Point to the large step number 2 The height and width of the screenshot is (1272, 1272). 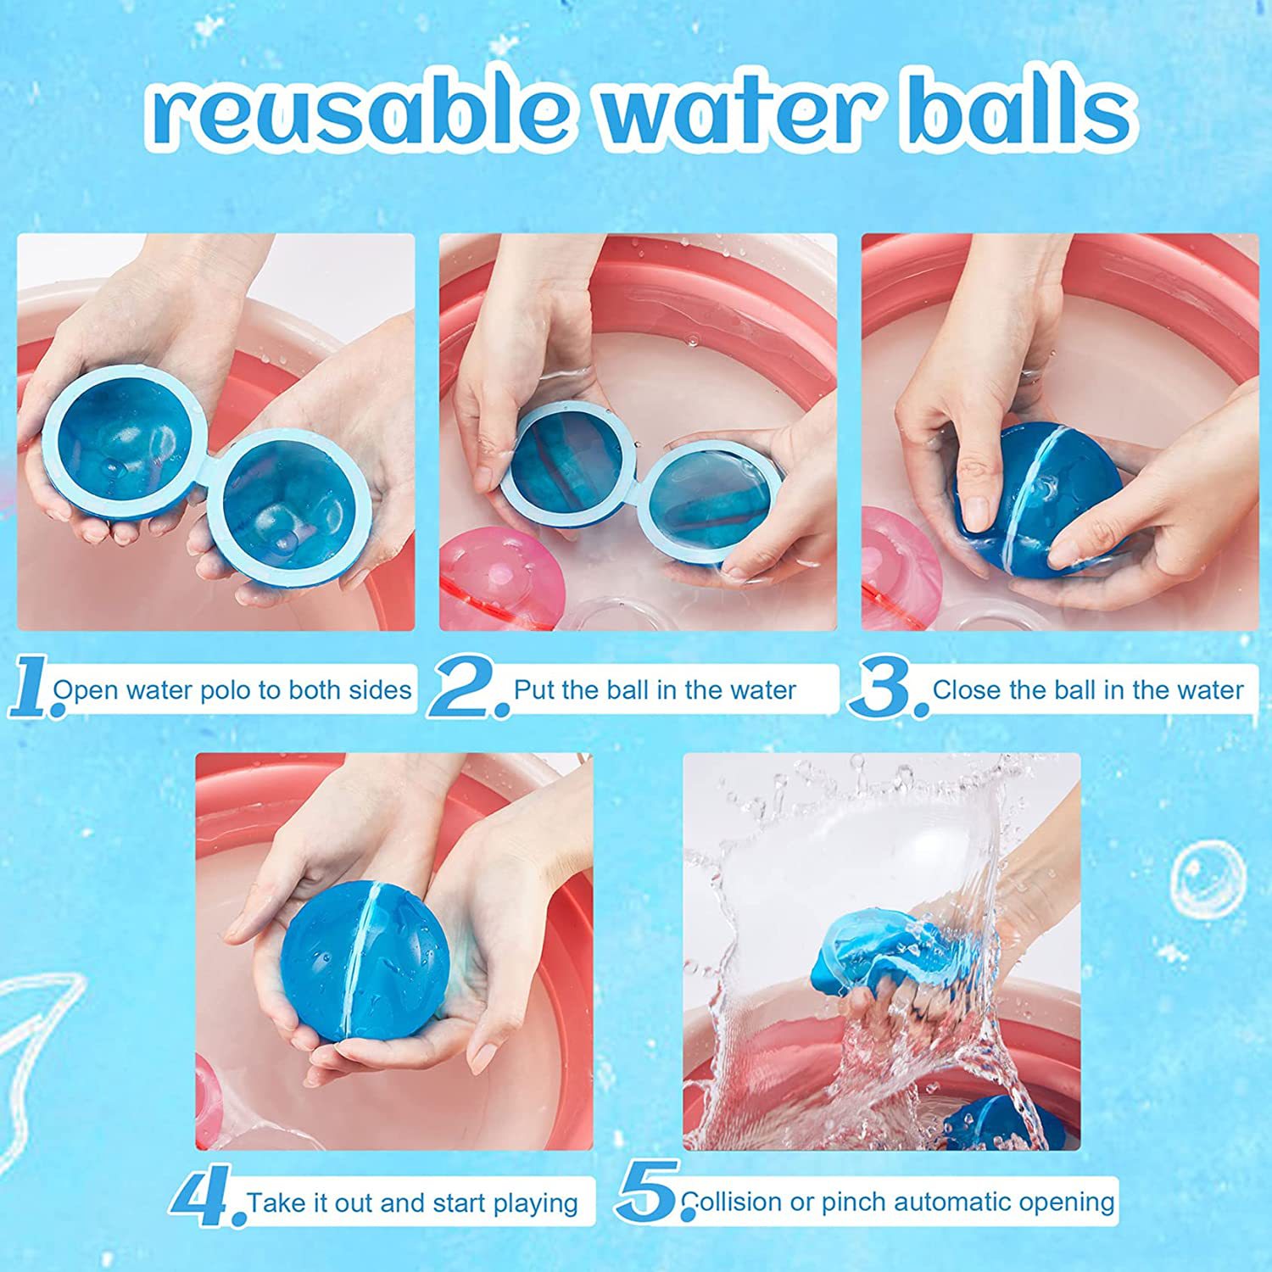466,689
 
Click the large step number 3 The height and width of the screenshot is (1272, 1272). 886,689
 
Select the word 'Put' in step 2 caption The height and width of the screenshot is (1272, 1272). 533,690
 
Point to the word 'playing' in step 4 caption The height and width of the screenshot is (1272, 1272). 535,1202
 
